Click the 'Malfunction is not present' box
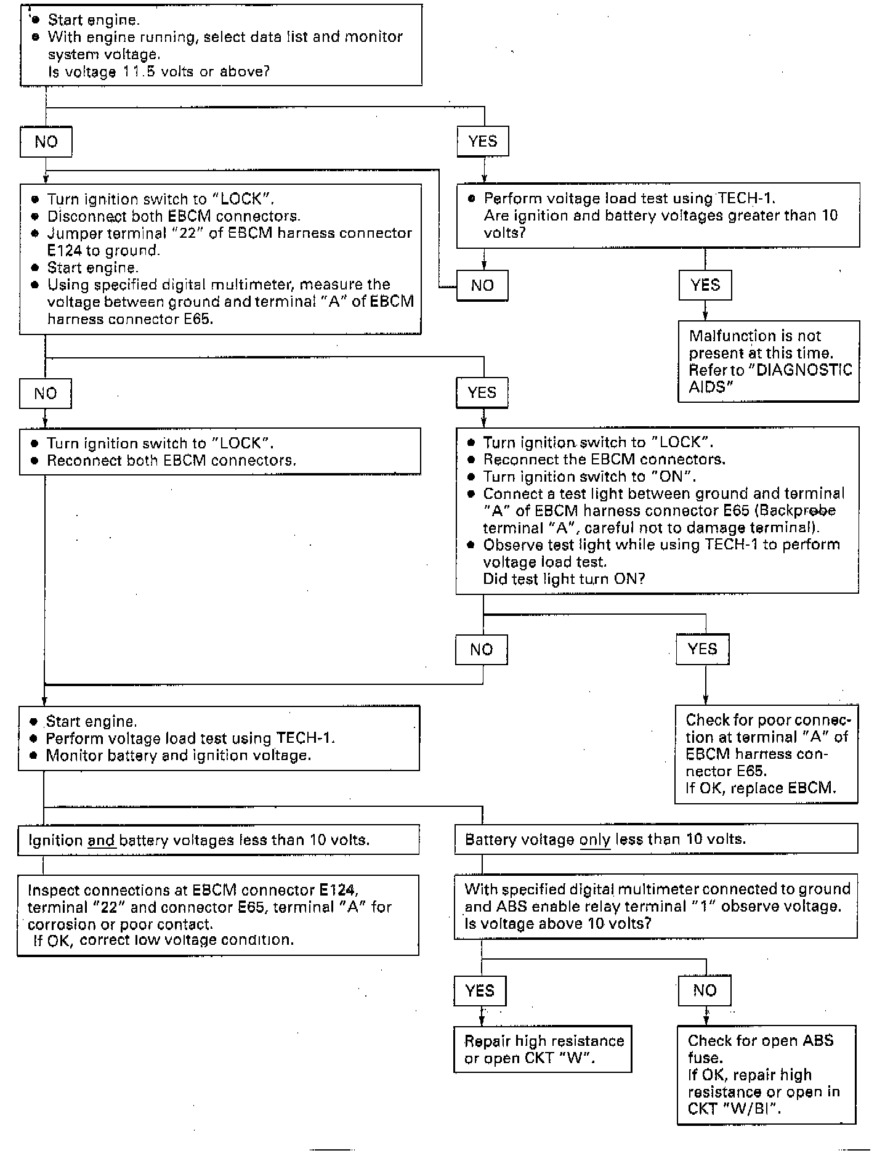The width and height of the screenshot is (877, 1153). [768, 361]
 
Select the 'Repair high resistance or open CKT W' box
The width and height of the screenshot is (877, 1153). [543, 1049]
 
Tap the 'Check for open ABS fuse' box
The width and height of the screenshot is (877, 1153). [766, 1074]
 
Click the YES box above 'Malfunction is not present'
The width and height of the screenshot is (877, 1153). [705, 285]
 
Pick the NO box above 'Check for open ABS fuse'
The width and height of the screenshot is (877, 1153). [705, 990]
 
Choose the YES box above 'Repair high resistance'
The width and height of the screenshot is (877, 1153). [480, 990]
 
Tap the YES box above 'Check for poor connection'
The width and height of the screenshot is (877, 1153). [702, 649]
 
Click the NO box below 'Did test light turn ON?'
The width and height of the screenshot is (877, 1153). [482, 650]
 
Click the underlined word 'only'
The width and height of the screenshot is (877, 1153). [595, 839]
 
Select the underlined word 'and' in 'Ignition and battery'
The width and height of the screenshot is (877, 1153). [102, 840]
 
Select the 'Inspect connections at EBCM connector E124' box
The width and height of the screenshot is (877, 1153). [218, 915]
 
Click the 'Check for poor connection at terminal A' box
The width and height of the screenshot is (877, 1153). [766, 754]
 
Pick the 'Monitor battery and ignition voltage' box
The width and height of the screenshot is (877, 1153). [219, 738]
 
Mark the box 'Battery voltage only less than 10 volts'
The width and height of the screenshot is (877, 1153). [656, 839]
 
